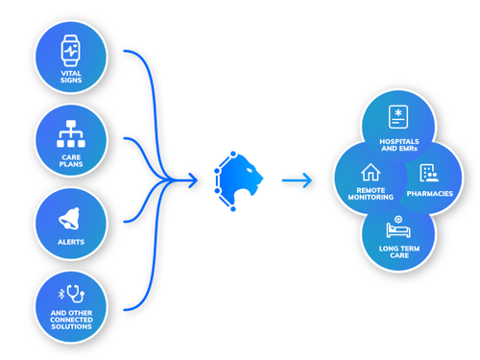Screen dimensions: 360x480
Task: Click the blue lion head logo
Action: tap(238, 177)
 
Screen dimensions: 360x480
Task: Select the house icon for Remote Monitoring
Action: tap(370, 173)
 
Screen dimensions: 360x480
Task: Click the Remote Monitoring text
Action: tap(371, 196)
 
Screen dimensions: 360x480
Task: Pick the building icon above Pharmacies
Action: tap(428, 174)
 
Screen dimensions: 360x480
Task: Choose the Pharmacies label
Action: tap(429, 194)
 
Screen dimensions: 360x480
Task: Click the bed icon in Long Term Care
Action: tap(397, 229)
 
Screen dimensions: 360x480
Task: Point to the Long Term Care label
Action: tap(397, 254)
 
